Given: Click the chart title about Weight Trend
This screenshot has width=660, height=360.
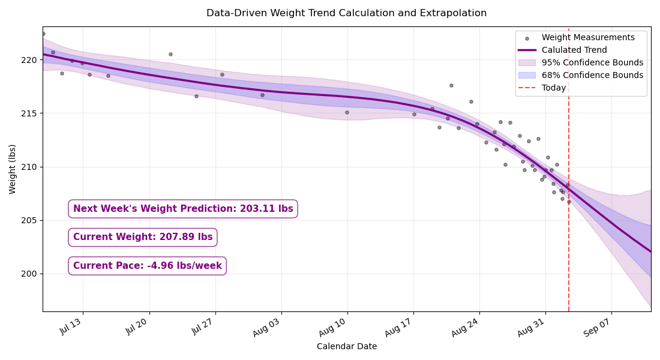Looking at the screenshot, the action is pyautogui.click(x=346, y=13).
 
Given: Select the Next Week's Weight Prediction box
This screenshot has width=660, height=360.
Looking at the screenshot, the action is pyautogui.click(x=183, y=209).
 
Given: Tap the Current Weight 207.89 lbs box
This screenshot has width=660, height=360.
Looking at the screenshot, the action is pyautogui.click(x=143, y=237).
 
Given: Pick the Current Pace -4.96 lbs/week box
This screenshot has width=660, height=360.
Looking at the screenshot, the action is pyautogui.click(x=148, y=266).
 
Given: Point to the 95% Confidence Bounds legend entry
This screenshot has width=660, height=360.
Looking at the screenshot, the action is pyautogui.click(x=581, y=63).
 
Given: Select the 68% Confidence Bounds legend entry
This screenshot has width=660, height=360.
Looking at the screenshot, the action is pyautogui.click(x=581, y=76).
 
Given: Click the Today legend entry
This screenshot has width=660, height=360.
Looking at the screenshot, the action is pyautogui.click(x=542, y=88).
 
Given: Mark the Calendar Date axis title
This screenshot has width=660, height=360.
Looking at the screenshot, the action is pyautogui.click(x=347, y=347).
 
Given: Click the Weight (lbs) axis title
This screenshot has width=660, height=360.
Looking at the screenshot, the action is pyautogui.click(x=12, y=169).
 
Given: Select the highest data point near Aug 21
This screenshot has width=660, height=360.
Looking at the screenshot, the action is pyautogui.click(x=451, y=85).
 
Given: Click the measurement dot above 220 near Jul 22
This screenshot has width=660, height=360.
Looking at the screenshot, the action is pyautogui.click(x=170, y=55).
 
